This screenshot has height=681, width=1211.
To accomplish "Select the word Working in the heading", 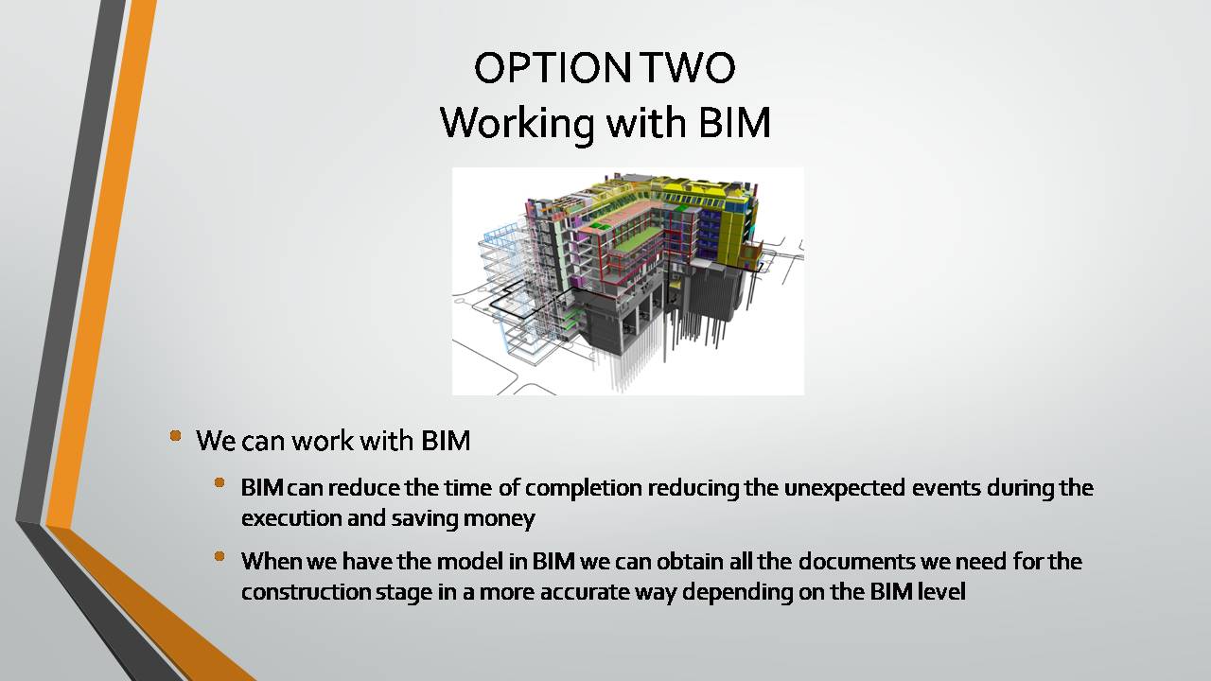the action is coord(519,124).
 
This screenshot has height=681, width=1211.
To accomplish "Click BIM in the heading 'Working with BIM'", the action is coord(734,122).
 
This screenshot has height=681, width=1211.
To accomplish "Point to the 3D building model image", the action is coord(627,281).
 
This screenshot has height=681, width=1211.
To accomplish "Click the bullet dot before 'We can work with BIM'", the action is coord(175,436).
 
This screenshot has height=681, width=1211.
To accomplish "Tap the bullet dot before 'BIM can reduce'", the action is coord(219,482).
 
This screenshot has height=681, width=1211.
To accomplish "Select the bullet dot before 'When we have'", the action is coord(219,556).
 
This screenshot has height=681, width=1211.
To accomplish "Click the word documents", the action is coord(856,561).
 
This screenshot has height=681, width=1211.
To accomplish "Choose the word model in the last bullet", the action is coord(470,561).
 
